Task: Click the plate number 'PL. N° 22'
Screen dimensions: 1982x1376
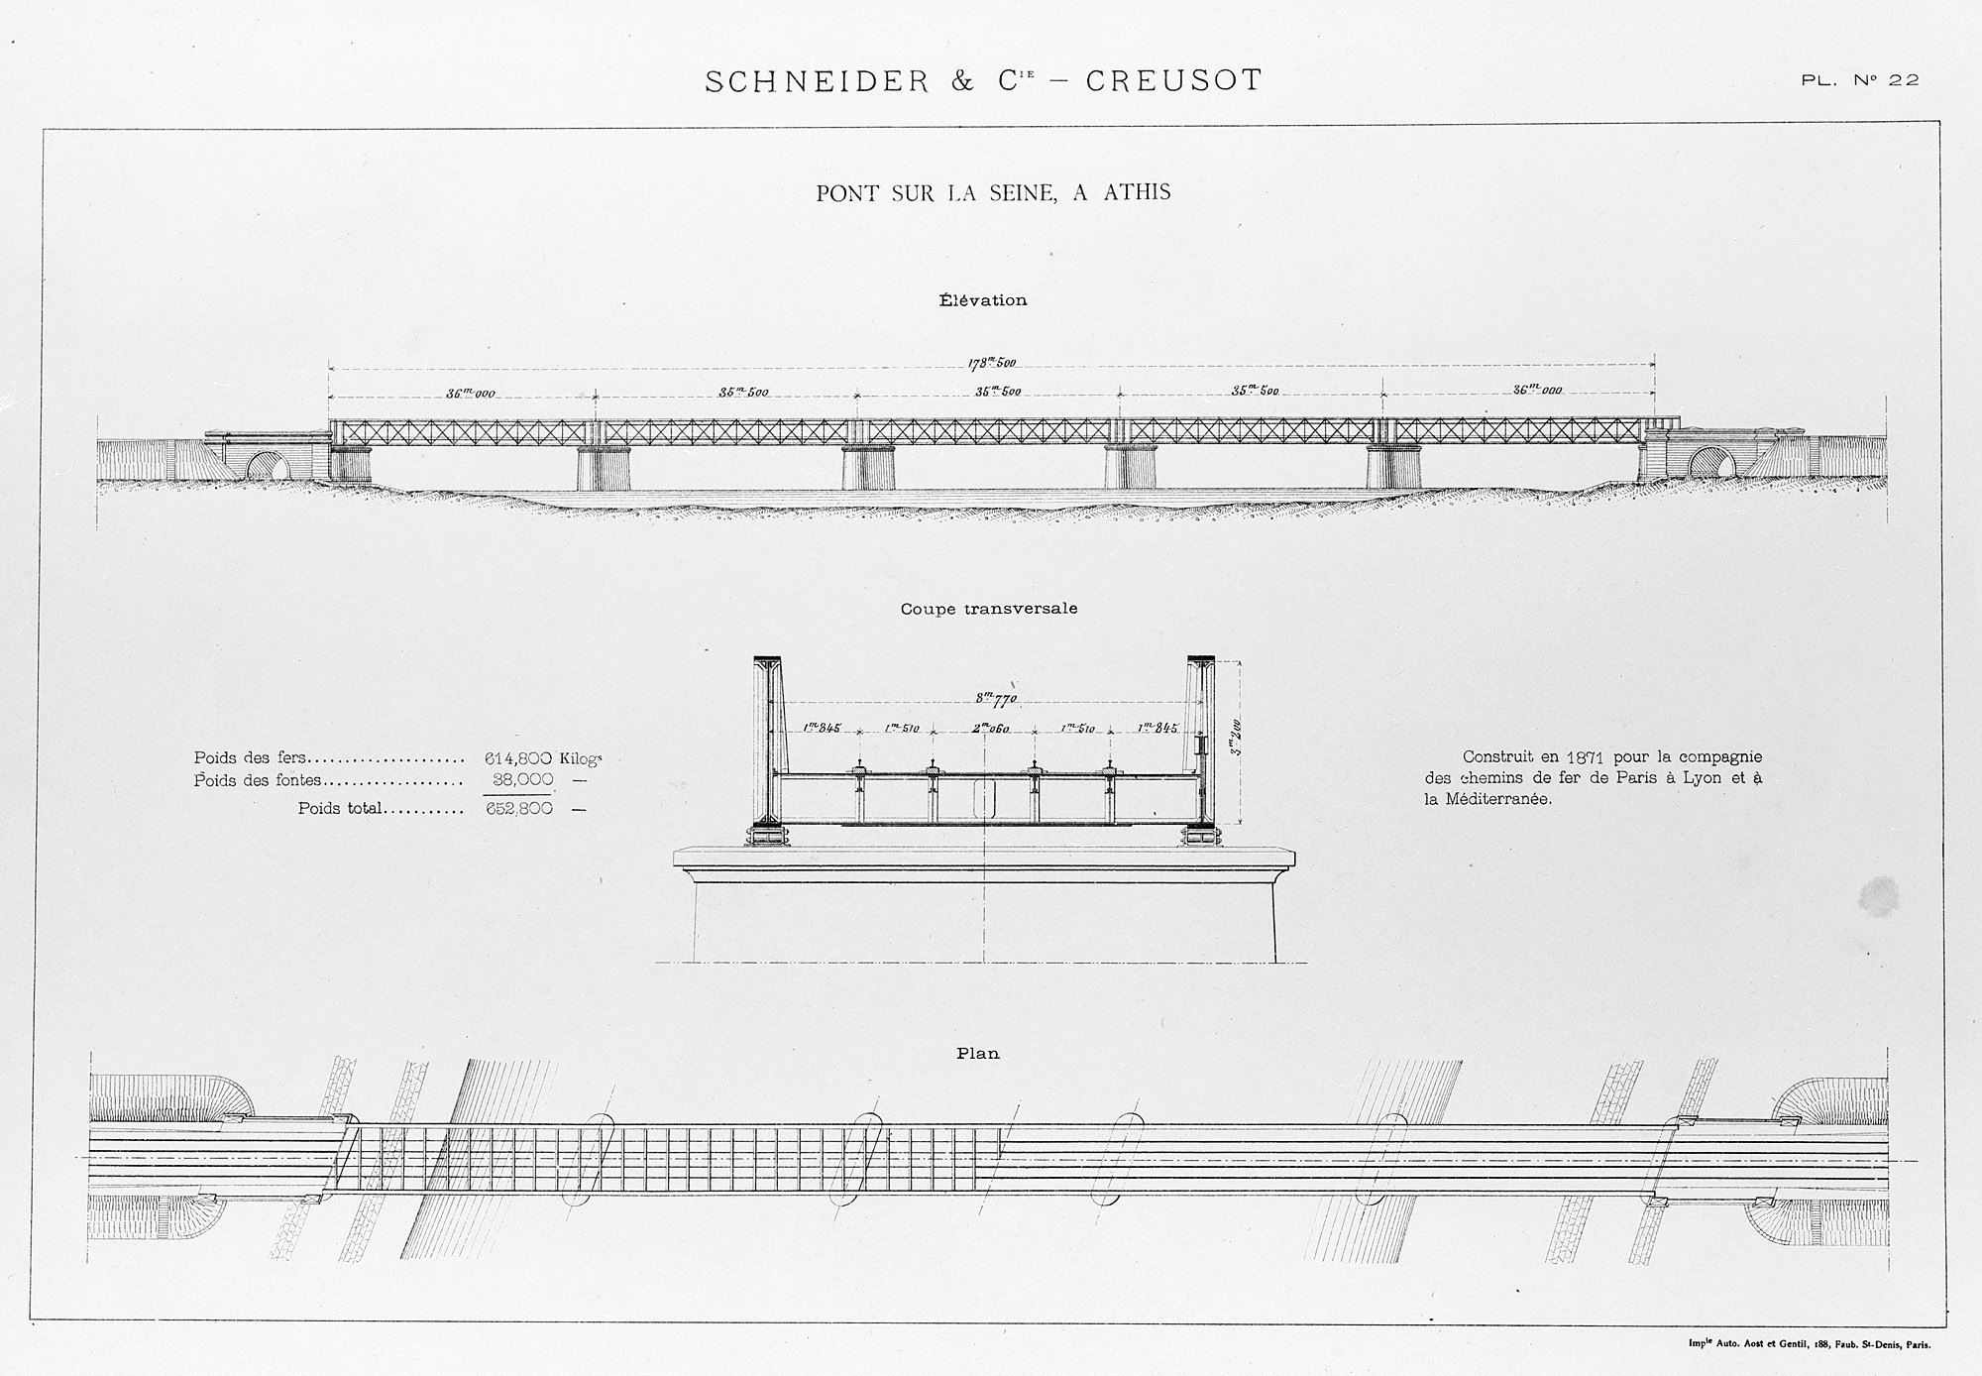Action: point(1860,80)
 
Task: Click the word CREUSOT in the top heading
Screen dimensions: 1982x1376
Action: point(1174,80)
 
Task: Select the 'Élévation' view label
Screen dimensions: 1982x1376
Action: point(983,299)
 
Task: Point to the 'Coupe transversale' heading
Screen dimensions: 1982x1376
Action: point(989,609)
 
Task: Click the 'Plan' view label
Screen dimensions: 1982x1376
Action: point(977,1054)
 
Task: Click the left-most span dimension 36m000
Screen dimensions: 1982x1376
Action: point(470,394)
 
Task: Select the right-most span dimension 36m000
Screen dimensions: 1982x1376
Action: point(1537,390)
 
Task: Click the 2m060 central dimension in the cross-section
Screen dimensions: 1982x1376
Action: point(990,729)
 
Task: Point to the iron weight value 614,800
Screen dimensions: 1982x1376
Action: point(517,758)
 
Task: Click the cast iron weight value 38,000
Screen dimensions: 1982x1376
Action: point(522,780)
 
